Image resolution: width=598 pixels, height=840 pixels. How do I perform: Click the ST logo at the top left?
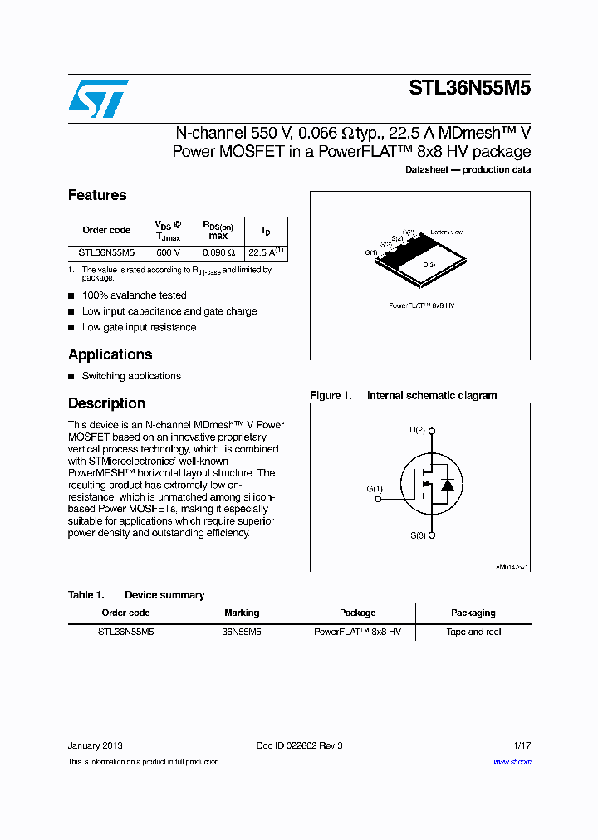(98, 99)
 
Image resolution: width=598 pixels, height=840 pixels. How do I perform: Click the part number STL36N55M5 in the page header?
(469, 90)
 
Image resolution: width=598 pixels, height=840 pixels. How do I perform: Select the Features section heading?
(97, 195)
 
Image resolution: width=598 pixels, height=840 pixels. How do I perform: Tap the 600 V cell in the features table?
(168, 252)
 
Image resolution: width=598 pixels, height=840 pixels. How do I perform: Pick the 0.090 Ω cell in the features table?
(218, 252)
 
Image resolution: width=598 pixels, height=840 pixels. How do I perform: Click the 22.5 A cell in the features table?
(266, 252)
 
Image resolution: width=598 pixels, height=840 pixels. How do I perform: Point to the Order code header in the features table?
(106, 230)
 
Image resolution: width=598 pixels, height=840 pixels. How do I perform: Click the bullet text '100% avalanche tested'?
(134, 295)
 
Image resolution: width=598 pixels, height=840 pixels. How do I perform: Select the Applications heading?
(110, 354)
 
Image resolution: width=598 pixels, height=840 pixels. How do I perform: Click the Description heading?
(106, 403)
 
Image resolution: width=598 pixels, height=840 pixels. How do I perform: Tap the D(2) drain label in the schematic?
(417, 430)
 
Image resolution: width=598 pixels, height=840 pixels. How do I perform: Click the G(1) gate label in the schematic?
(375, 489)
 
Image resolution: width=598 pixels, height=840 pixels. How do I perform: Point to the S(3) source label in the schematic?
(417, 536)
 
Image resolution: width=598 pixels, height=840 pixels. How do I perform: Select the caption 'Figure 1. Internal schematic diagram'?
(403, 396)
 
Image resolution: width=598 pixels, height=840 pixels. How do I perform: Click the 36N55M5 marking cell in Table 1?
(242, 632)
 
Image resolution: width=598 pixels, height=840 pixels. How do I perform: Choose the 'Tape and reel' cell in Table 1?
(473, 632)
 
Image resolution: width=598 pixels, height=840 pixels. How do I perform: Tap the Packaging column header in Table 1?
(473, 613)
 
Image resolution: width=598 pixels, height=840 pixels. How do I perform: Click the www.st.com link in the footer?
(512, 762)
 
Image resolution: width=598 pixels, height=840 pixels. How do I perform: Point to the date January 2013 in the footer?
(96, 745)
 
